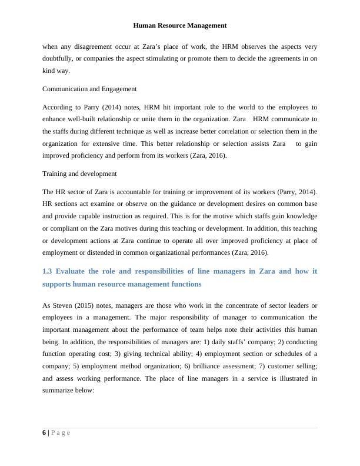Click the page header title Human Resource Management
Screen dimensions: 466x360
pyautogui.click(x=179, y=25)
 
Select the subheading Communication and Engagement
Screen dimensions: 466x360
pyautogui.click(x=89, y=89)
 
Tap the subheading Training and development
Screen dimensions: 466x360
pyautogui.click(x=79, y=174)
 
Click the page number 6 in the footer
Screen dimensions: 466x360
pyautogui.click(x=45, y=433)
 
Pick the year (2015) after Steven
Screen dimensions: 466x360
pyautogui.click(x=86, y=305)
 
